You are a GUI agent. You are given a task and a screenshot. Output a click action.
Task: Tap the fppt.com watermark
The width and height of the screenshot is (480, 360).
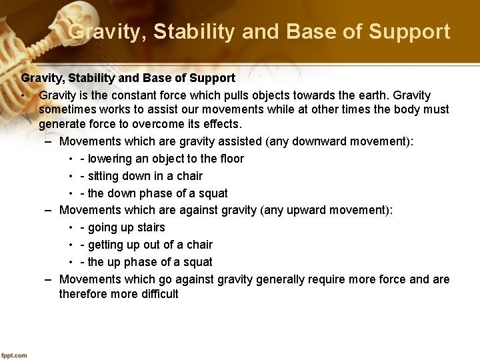tap(14, 355)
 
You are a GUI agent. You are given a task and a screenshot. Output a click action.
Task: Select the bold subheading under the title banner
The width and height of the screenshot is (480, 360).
tap(128, 79)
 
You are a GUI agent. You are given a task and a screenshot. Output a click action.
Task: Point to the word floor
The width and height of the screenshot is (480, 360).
tap(230, 159)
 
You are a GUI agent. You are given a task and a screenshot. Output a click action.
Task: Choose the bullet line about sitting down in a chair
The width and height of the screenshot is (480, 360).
tap(141, 176)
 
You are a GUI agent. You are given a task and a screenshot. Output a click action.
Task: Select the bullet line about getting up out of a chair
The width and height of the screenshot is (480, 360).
tap(146, 245)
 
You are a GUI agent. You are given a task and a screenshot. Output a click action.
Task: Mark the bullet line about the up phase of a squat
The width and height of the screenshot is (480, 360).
tap(146, 262)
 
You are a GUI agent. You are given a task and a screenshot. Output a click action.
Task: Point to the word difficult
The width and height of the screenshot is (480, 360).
tap(154, 294)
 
